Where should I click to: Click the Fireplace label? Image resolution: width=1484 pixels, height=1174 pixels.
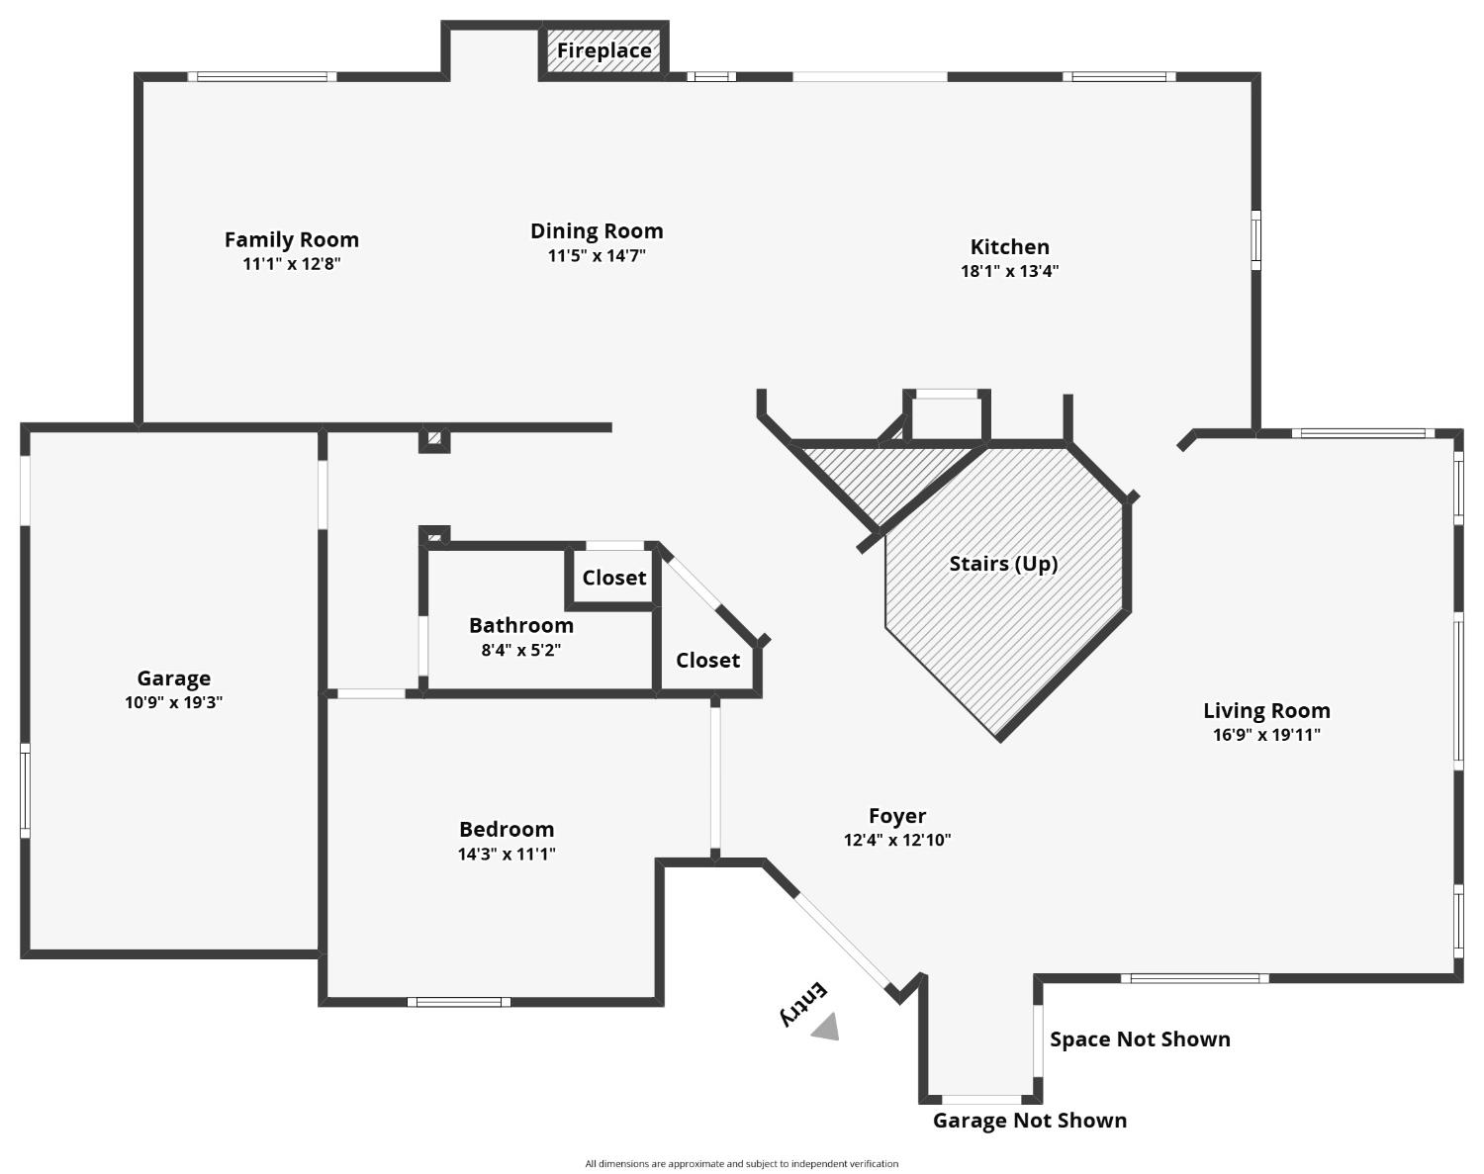(604, 51)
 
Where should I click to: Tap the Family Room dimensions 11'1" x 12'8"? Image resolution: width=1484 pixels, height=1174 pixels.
(292, 264)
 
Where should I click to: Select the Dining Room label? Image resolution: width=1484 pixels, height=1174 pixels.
(597, 230)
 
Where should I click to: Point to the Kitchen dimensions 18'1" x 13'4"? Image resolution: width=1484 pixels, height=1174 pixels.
(1009, 271)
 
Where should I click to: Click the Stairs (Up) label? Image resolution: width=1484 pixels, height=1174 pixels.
(1003, 564)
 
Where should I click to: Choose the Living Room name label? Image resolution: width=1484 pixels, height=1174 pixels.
(1266, 711)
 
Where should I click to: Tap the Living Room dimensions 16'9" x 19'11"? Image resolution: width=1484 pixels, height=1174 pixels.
(1266, 735)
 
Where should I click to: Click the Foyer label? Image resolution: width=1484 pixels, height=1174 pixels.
(897, 816)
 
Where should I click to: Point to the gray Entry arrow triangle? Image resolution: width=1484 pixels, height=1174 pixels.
(827, 1028)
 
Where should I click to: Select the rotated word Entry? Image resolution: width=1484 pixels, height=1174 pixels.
(803, 1005)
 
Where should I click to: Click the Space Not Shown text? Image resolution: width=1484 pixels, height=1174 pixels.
(1140, 1039)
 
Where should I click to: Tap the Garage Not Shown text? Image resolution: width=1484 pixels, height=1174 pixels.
(1030, 1121)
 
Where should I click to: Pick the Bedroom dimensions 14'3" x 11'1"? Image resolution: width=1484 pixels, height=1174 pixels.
(507, 855)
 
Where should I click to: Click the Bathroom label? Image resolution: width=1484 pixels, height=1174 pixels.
(521, 626)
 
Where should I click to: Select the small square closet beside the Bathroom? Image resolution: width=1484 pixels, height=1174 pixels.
(613, 578)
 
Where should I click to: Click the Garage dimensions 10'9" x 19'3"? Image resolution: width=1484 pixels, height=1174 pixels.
(173, 702)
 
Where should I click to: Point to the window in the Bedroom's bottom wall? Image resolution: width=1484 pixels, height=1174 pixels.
(459, 1002)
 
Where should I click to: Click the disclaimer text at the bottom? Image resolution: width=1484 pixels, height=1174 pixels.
(741, 1164)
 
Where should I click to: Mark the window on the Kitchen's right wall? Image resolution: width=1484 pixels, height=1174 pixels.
(1255, 240)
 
